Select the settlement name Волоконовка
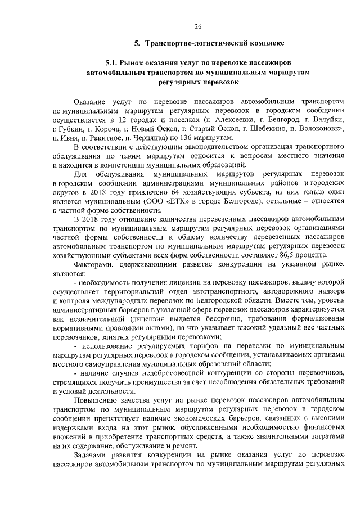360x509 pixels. pyautogui.click(x=316, y=129)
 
